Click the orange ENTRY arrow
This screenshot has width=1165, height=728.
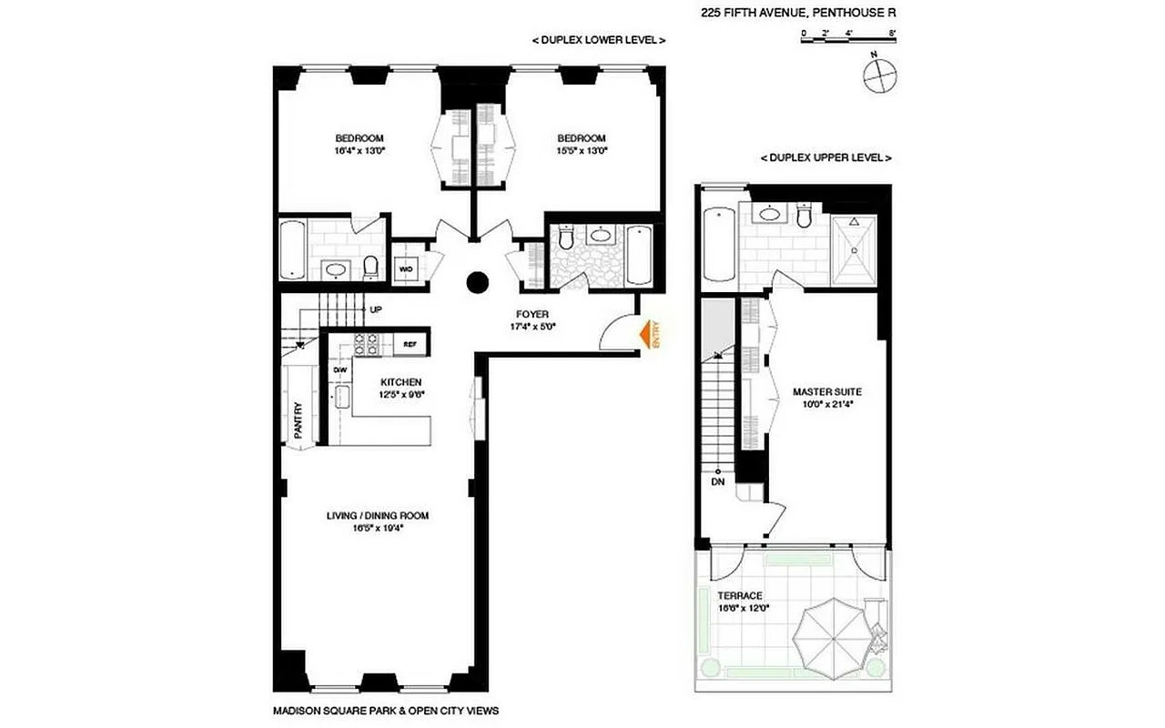(x=648, y=336)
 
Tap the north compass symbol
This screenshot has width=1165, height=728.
(x=879, y=76)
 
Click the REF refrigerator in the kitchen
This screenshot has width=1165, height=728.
(x=410, y=344)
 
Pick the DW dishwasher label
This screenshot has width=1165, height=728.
(x=340, y=370)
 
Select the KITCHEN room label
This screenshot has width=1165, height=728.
(x=401, y=382)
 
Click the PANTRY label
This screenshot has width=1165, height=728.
(x=297, y=421)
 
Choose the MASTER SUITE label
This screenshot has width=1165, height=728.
(x=826, y=390)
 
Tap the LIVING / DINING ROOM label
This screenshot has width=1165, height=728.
(x=378, y=516)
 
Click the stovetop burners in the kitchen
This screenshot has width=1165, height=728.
(x=366, y=344)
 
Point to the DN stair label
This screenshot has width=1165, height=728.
(x=717, y=482)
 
